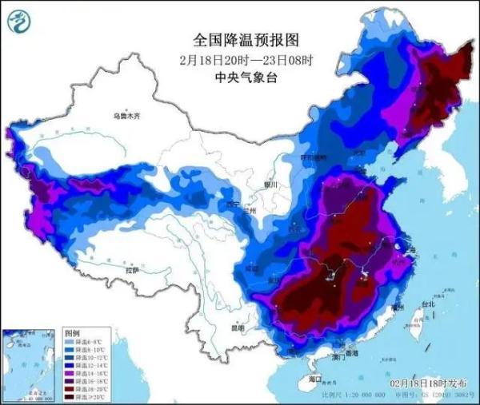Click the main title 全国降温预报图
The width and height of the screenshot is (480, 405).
240,38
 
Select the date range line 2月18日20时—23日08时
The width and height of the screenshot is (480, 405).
239,58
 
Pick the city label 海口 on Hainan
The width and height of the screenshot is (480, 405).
314,379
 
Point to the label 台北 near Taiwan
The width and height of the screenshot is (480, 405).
429,304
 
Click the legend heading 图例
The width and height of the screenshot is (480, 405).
72,332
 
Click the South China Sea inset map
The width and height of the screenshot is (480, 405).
31,363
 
